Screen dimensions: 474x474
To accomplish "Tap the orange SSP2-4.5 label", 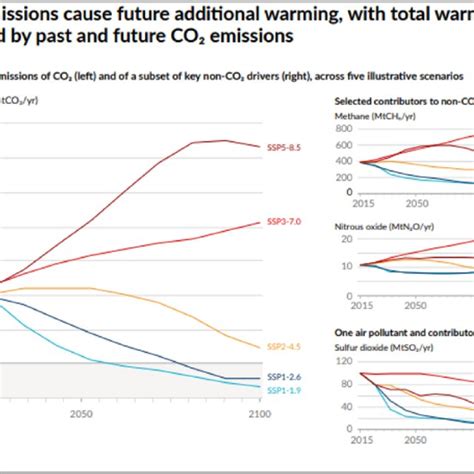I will (x=281, y=347).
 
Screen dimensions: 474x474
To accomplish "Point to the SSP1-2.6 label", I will (x=281, y=376).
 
